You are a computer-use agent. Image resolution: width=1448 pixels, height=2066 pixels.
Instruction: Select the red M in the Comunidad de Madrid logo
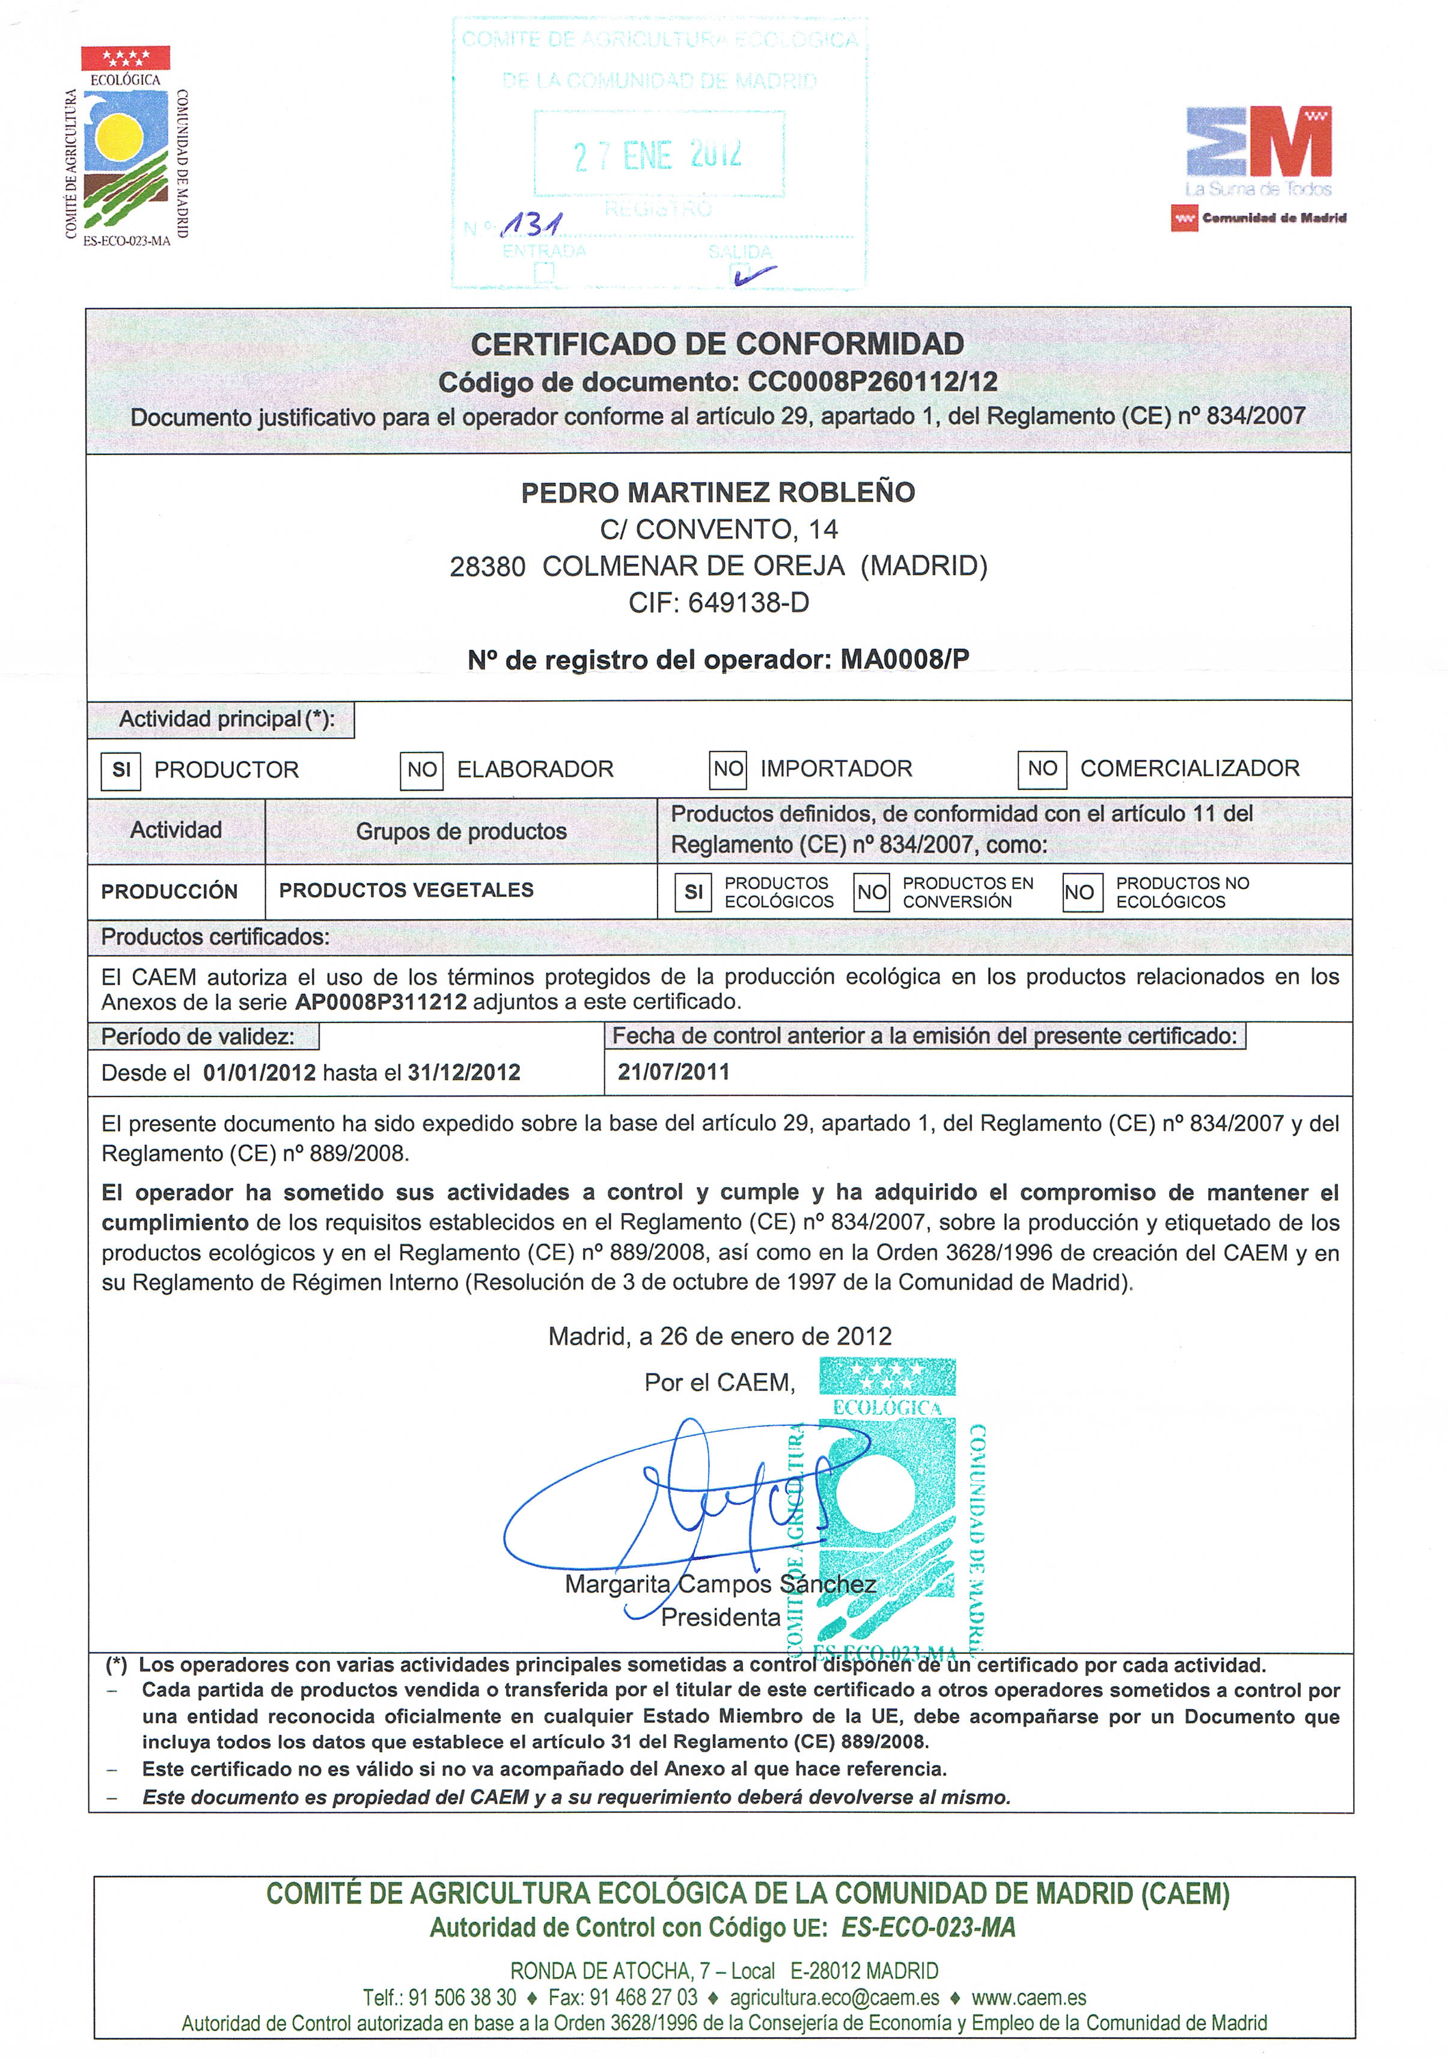[x=1289, y=142]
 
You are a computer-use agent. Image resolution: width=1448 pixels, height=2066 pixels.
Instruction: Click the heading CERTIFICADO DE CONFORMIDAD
[x=717, y=344]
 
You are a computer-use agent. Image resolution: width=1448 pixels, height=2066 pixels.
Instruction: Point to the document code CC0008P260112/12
[x=872, y=382]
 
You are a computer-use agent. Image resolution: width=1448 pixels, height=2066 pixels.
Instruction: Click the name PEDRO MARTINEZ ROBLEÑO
[x=717, y=492]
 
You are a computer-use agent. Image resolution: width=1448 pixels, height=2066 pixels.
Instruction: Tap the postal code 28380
[x=487, y=566]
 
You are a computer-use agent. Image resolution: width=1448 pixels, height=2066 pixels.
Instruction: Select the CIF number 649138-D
[x=748, y=603]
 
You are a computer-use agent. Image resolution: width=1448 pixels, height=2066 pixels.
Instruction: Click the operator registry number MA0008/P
[x=905, y=659]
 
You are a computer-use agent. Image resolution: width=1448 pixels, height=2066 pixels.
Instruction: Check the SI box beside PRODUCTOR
[x=121, y=770]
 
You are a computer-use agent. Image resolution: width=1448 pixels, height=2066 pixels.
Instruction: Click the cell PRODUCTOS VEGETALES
[x=406, y=890]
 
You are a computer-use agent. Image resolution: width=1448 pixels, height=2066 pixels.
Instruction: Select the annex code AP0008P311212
[x=380, y=1001]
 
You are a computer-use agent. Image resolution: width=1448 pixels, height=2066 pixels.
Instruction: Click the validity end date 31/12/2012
[x=463, y=1072]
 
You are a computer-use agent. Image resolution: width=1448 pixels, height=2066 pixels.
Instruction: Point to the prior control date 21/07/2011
[x=673, y=1072]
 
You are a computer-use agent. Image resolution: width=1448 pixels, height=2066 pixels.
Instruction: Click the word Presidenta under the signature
[x=720, y=1617]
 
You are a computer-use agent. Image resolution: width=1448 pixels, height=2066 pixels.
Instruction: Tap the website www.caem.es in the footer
[x=1028, y=1997]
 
